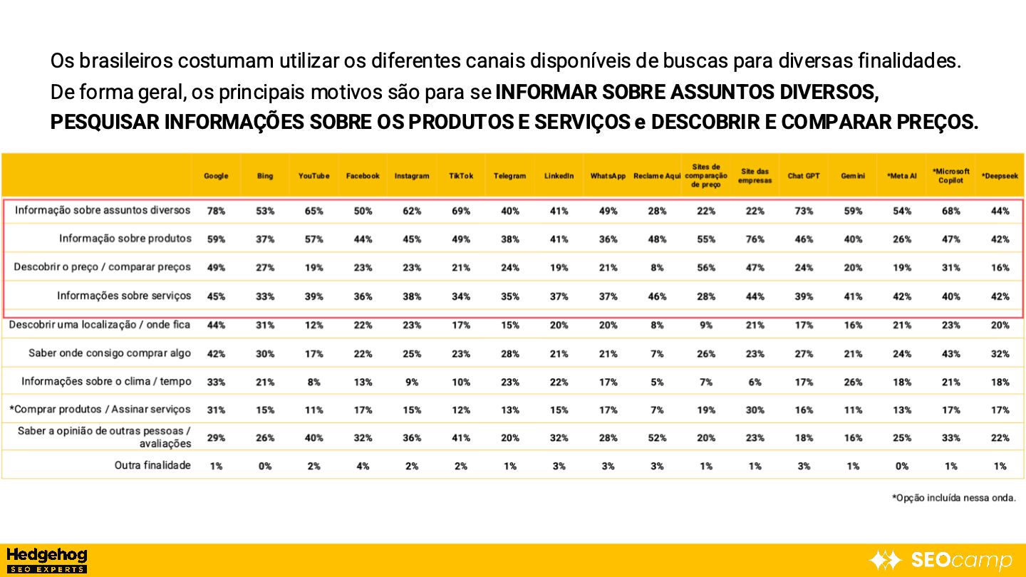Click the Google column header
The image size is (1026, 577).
point(216,176)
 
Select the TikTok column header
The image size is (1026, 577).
point(461,176)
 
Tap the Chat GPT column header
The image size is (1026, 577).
point(804,176)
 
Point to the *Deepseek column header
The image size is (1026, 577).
point(1000,176)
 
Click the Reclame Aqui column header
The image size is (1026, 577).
point(657,176)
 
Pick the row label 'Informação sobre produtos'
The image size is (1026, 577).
point(125,239)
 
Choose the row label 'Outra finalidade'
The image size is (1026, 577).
point(152,466)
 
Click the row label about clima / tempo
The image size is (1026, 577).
point(106,382)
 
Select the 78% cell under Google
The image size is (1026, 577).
point(216,211)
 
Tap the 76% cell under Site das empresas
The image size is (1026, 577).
point(755,239)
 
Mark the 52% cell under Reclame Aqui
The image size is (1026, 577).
point(657,438)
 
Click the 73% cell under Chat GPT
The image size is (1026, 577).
point(804,211)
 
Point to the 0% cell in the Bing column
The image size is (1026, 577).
point(265,467)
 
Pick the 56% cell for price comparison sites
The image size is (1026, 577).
point(706,268)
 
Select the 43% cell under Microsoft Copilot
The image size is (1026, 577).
point(950,354)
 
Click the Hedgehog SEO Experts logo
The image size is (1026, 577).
point(46,560)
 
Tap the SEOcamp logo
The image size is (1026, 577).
point(941,561)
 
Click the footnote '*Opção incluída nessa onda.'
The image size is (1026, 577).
point(954,498)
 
